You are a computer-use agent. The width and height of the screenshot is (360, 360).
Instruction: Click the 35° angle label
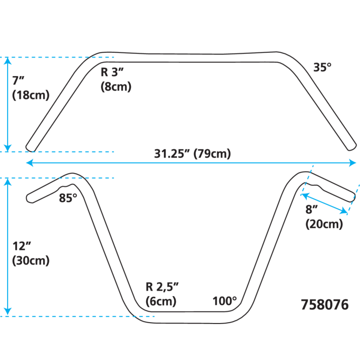[x=322, y=67]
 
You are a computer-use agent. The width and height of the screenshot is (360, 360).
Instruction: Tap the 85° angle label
[x=68, y=198]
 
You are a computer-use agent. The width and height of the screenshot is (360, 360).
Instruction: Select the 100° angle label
[x=225, y=301]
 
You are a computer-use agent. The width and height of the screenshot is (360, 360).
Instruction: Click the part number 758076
[x=324, y=305]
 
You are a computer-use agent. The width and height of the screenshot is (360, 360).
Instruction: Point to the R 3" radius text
[x=112, y=72]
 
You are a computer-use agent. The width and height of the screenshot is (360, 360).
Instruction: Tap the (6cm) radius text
[x=161, y=301]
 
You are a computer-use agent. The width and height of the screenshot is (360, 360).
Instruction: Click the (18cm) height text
[x=31, y=95]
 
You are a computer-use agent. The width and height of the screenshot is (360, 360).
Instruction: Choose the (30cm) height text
[x=31, y=260]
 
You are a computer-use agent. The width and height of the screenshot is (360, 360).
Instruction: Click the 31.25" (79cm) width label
[x=192, y=154]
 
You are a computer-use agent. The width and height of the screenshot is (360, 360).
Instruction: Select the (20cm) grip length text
[x=324, y=224]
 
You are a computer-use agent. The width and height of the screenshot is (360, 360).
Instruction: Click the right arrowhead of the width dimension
[x=353, y=163]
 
